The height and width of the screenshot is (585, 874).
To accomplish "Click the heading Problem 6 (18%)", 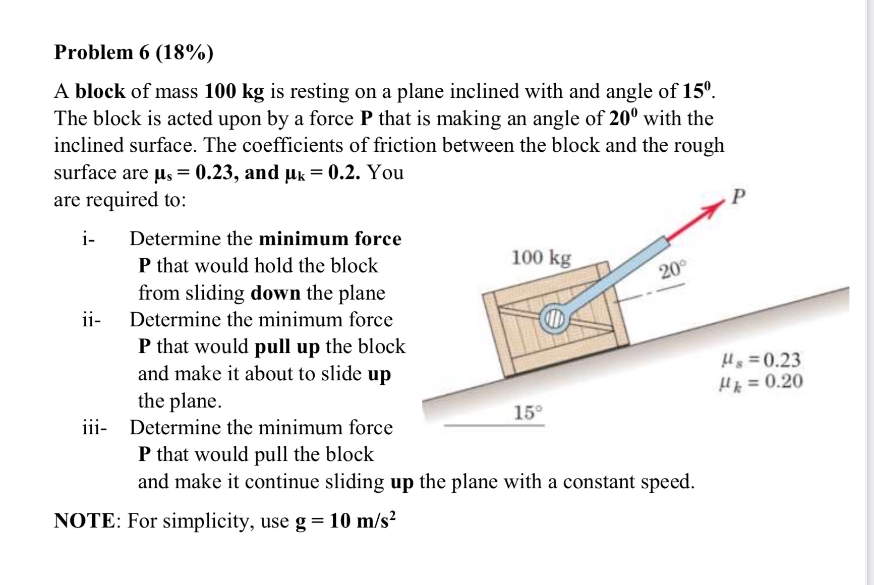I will coord(134,52).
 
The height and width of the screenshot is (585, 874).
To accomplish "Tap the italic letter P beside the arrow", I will coord(737,197).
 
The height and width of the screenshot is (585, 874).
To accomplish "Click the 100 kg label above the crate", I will coord(542,258).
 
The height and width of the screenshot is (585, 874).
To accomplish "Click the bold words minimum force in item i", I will coord(330,239).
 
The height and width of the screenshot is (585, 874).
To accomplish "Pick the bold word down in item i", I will coord(275,293).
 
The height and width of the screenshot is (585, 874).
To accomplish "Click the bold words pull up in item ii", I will coord(287,347).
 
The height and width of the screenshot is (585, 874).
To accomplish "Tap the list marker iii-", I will coord(94,428).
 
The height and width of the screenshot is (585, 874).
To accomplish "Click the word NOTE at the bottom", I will coord(85,520).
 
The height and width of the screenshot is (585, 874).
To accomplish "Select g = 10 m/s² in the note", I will coord(345,520).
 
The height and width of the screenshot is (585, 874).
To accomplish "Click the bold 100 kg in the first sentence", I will coord(235,91).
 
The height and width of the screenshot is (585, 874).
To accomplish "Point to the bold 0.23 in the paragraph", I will coord(216,172).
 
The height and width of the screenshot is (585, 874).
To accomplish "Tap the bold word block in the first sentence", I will coord(100,91).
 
